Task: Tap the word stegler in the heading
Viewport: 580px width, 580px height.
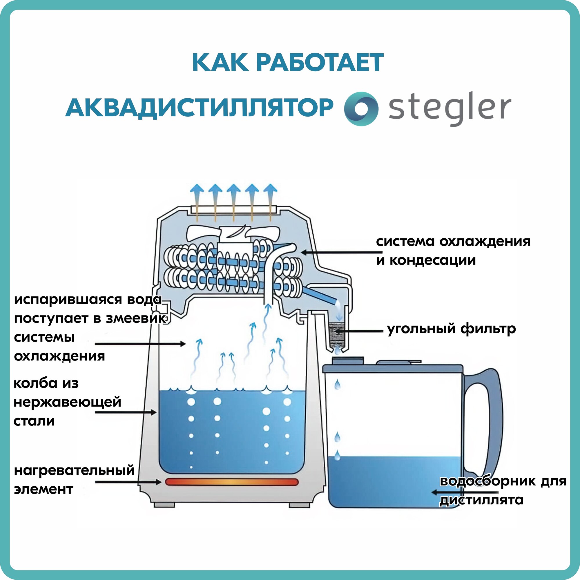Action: point(449,108)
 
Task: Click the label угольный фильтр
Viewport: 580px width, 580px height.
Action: point(452,329)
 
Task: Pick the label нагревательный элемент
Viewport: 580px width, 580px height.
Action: point(74,480)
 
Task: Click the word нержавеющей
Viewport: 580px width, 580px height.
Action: point(67,402)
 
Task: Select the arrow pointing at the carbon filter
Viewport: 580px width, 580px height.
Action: point(359,331)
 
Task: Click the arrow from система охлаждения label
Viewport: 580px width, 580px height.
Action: point(338,253)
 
